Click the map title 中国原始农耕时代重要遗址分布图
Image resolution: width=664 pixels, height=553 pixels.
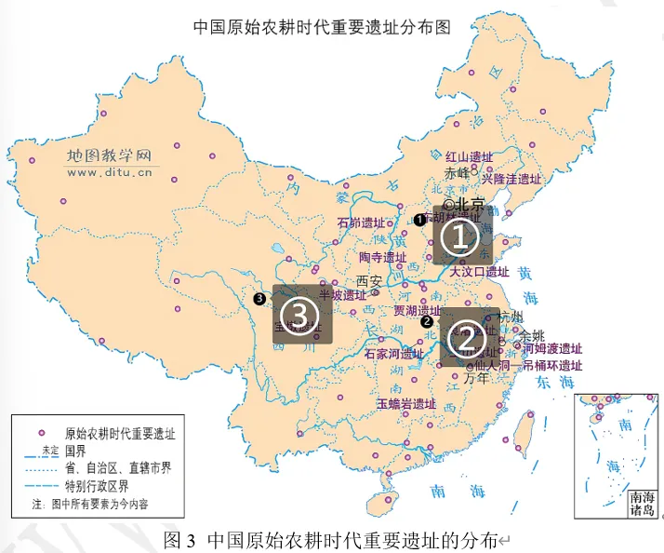[x=321, y=26]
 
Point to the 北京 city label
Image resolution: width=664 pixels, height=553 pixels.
[x=468, y=204]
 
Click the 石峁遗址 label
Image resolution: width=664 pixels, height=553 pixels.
[x=360, y=223]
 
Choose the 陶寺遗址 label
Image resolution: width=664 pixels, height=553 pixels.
[x=382, y=257]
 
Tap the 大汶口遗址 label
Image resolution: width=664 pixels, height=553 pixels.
[x=479, y=273]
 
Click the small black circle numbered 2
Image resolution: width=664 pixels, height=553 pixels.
[x=427, y=321]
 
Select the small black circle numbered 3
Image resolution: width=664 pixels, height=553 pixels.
[x=259, y=298]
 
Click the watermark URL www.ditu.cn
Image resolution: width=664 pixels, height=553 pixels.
[x=112, y=172]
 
